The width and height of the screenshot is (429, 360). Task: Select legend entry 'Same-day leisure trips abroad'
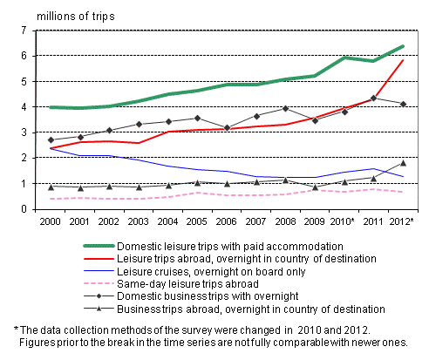(x=168, y=284)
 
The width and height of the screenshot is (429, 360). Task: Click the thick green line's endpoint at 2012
(x=402, y=46)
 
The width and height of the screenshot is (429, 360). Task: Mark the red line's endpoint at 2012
(x=402, y=60)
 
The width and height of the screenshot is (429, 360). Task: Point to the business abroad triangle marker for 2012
(x=402, y=163)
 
